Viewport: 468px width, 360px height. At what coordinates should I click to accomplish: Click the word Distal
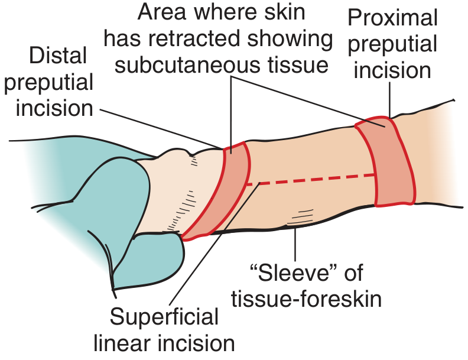(x=58, y=56)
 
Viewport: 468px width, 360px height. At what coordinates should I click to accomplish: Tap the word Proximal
(x=392, y=18)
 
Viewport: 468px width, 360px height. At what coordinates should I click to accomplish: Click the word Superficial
(x=164, y=317)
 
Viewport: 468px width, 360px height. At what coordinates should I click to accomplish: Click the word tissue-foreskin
(x=306, y=299)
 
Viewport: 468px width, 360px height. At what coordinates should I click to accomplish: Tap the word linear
(x=123, y=343)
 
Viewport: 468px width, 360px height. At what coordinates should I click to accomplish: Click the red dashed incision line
(x=310, y=179)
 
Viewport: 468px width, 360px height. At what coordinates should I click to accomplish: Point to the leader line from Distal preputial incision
(x=161, y=129)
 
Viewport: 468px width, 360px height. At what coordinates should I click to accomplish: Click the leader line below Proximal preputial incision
(x=389, y=100)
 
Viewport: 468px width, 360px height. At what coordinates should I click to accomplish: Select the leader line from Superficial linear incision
(x=215, y=243)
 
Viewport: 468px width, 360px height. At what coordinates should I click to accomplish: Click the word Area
(x=162, y=12)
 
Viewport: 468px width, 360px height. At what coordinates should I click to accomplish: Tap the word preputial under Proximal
(x=392, y=44)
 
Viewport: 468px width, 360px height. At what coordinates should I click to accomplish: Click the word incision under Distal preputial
(x=54, y=108)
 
